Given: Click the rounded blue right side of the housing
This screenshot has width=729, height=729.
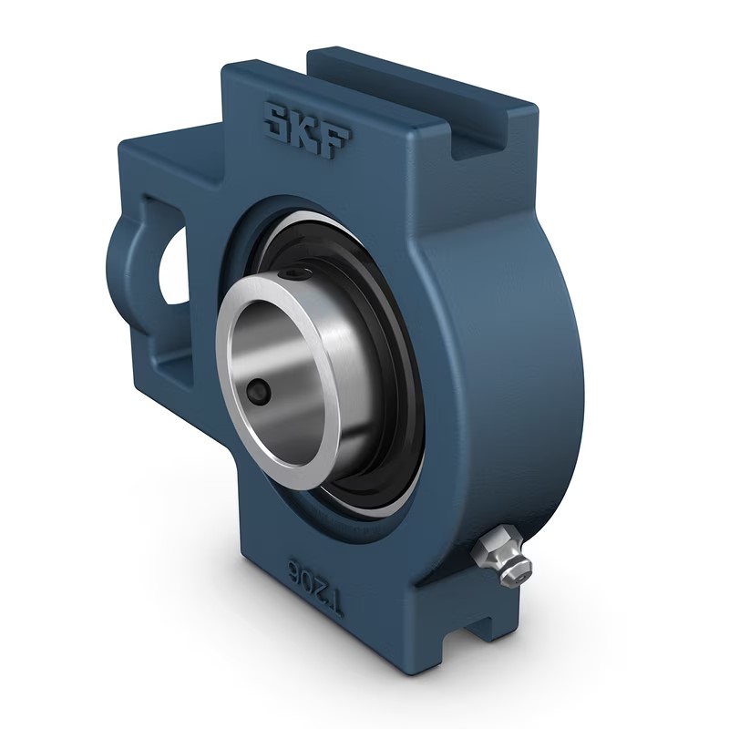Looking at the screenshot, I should click(510, 364).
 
